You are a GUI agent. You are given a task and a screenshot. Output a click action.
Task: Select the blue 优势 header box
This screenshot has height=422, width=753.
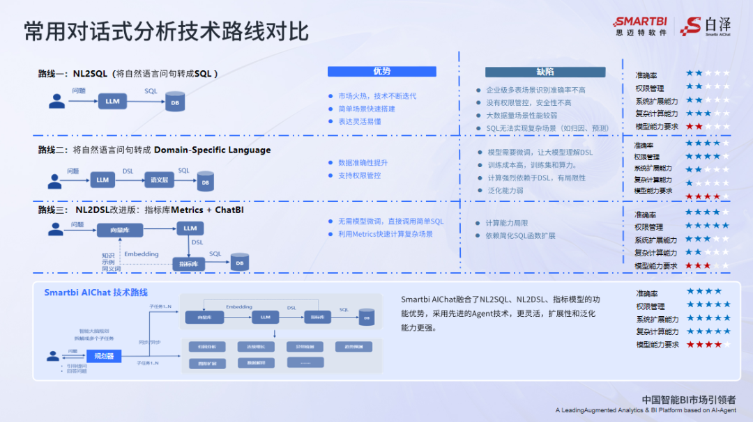(x=382, y=72)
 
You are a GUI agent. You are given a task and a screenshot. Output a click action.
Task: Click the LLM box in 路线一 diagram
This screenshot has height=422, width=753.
(x=112, y=102)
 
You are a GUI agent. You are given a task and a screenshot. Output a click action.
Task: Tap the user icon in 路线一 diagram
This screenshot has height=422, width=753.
(x=56, y=102)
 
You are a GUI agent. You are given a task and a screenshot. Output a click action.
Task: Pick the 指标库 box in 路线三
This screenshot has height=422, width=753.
(x=188, y=264)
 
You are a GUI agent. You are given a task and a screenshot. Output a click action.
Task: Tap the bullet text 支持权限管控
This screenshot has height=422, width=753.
(x=359, y=175)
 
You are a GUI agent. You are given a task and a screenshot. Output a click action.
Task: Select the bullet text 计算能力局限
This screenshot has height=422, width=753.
(x=506, y=223)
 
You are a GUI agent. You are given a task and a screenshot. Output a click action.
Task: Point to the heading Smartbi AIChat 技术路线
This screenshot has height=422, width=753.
(x=96, y=292)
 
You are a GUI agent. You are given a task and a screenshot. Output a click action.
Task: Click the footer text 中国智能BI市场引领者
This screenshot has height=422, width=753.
(x=689, y=400)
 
